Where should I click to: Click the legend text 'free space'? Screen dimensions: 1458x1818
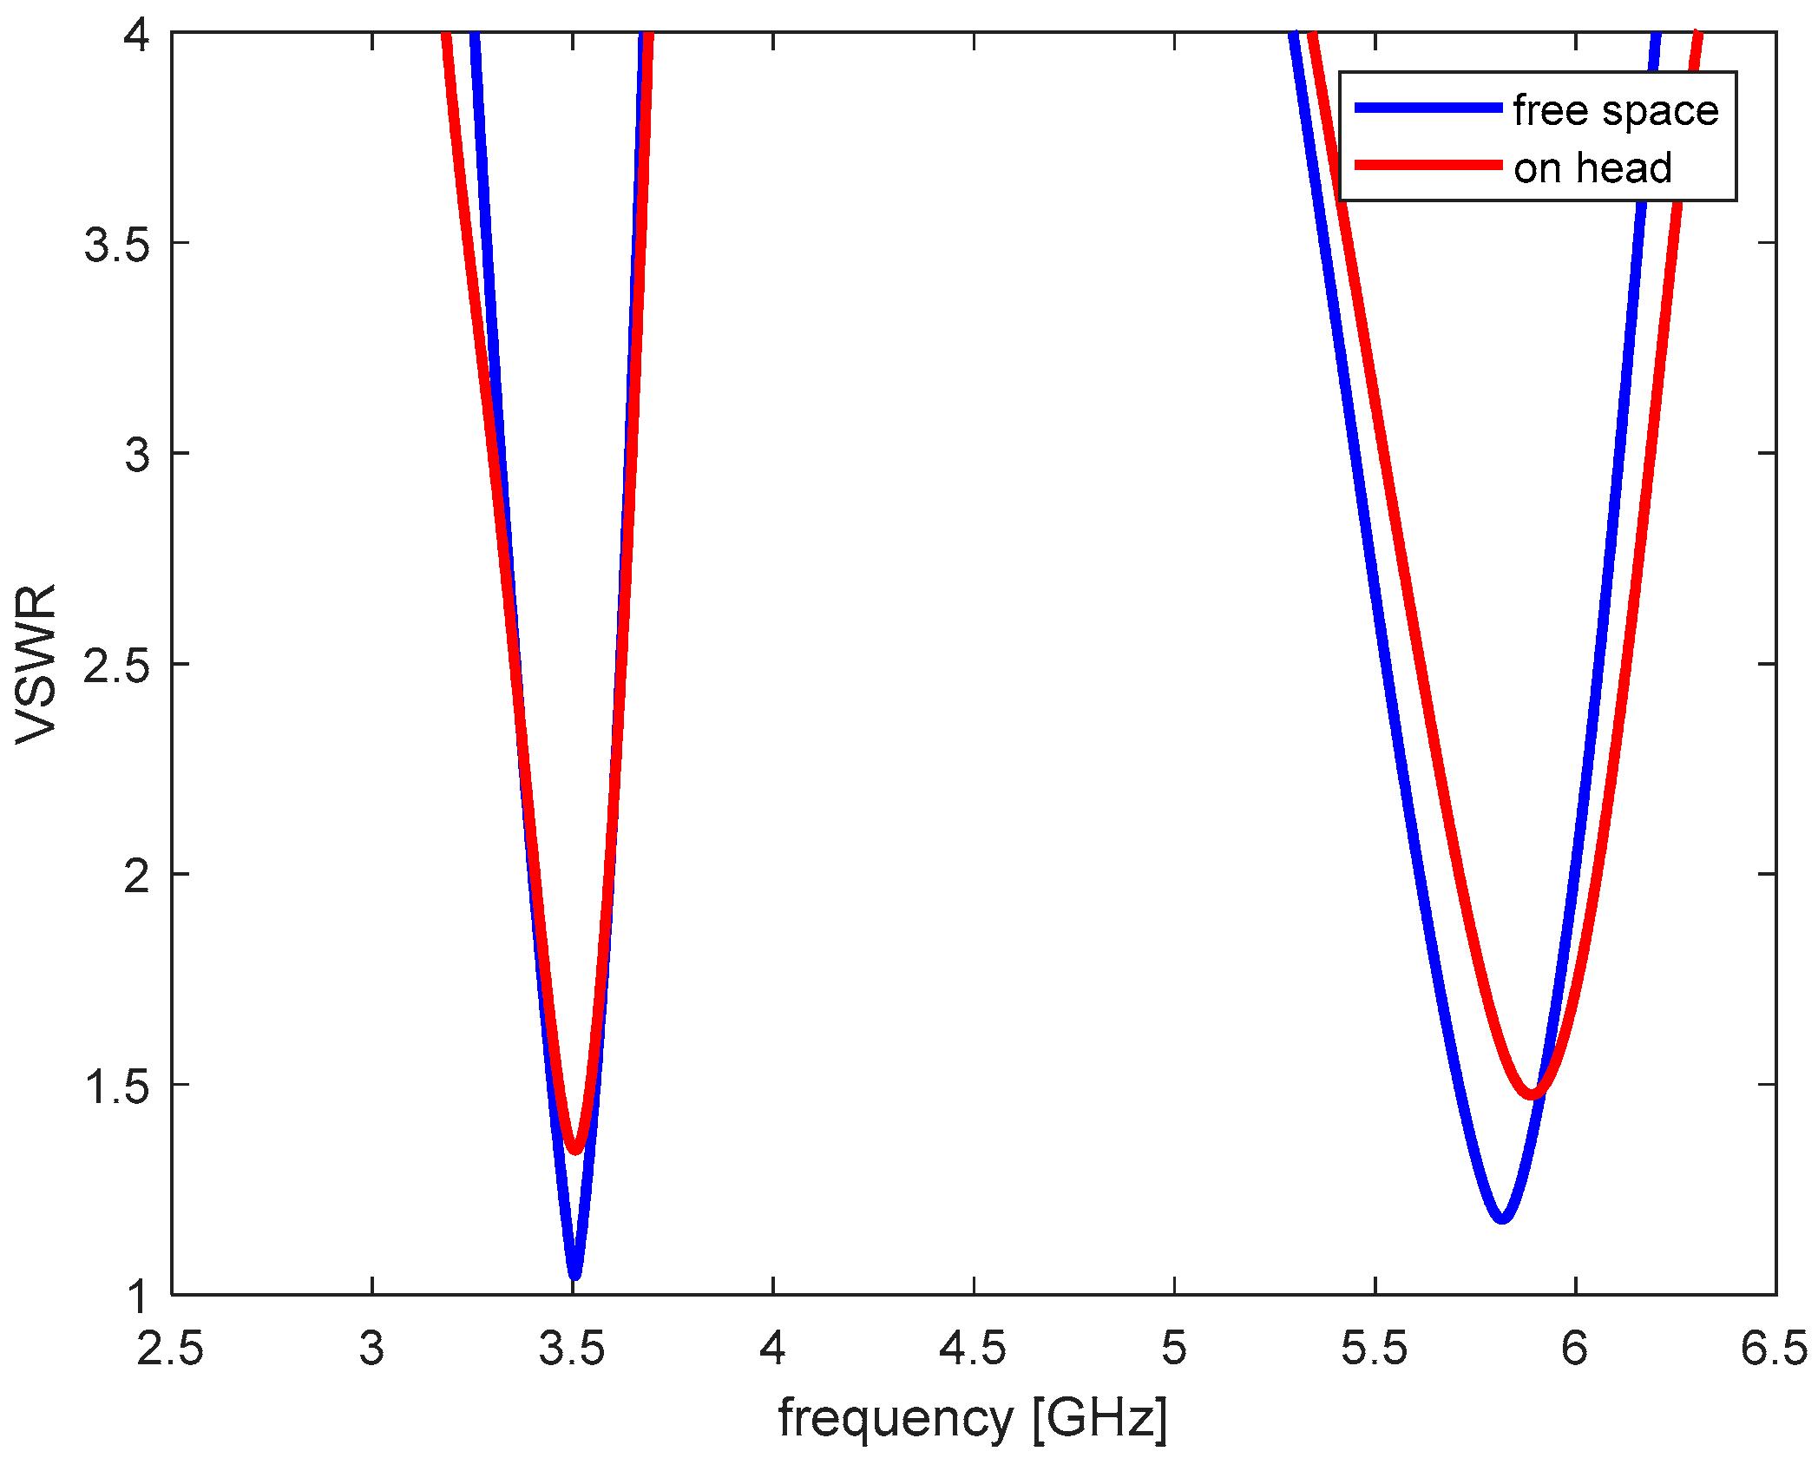point(1615,110)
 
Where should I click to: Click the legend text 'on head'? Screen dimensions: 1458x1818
point(1592,167)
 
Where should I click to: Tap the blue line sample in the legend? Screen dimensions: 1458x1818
point(1428,108)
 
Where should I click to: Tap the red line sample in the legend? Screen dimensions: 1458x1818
point(1428,165)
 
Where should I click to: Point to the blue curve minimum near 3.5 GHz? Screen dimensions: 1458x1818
point(574,1274)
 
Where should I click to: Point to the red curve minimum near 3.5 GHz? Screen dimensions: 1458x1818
point(574,1149)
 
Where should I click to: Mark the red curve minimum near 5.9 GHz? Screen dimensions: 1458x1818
point(1533,1094)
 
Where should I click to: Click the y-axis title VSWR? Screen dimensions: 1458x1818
point(36,664)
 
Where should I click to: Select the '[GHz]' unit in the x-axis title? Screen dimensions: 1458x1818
point(1099,1418)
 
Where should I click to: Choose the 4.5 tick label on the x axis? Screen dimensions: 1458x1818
point(974,1348)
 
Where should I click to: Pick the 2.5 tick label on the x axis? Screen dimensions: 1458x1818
point(171,1348)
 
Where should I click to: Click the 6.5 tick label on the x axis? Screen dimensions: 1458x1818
point(1775,1348)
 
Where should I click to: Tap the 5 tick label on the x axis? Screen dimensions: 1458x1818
point(1174,1348)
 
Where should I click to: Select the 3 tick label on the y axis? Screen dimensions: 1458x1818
point(137,454)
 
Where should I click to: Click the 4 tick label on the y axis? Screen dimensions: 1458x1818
point(137,36)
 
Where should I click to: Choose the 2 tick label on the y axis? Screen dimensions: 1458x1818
point(137,875)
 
